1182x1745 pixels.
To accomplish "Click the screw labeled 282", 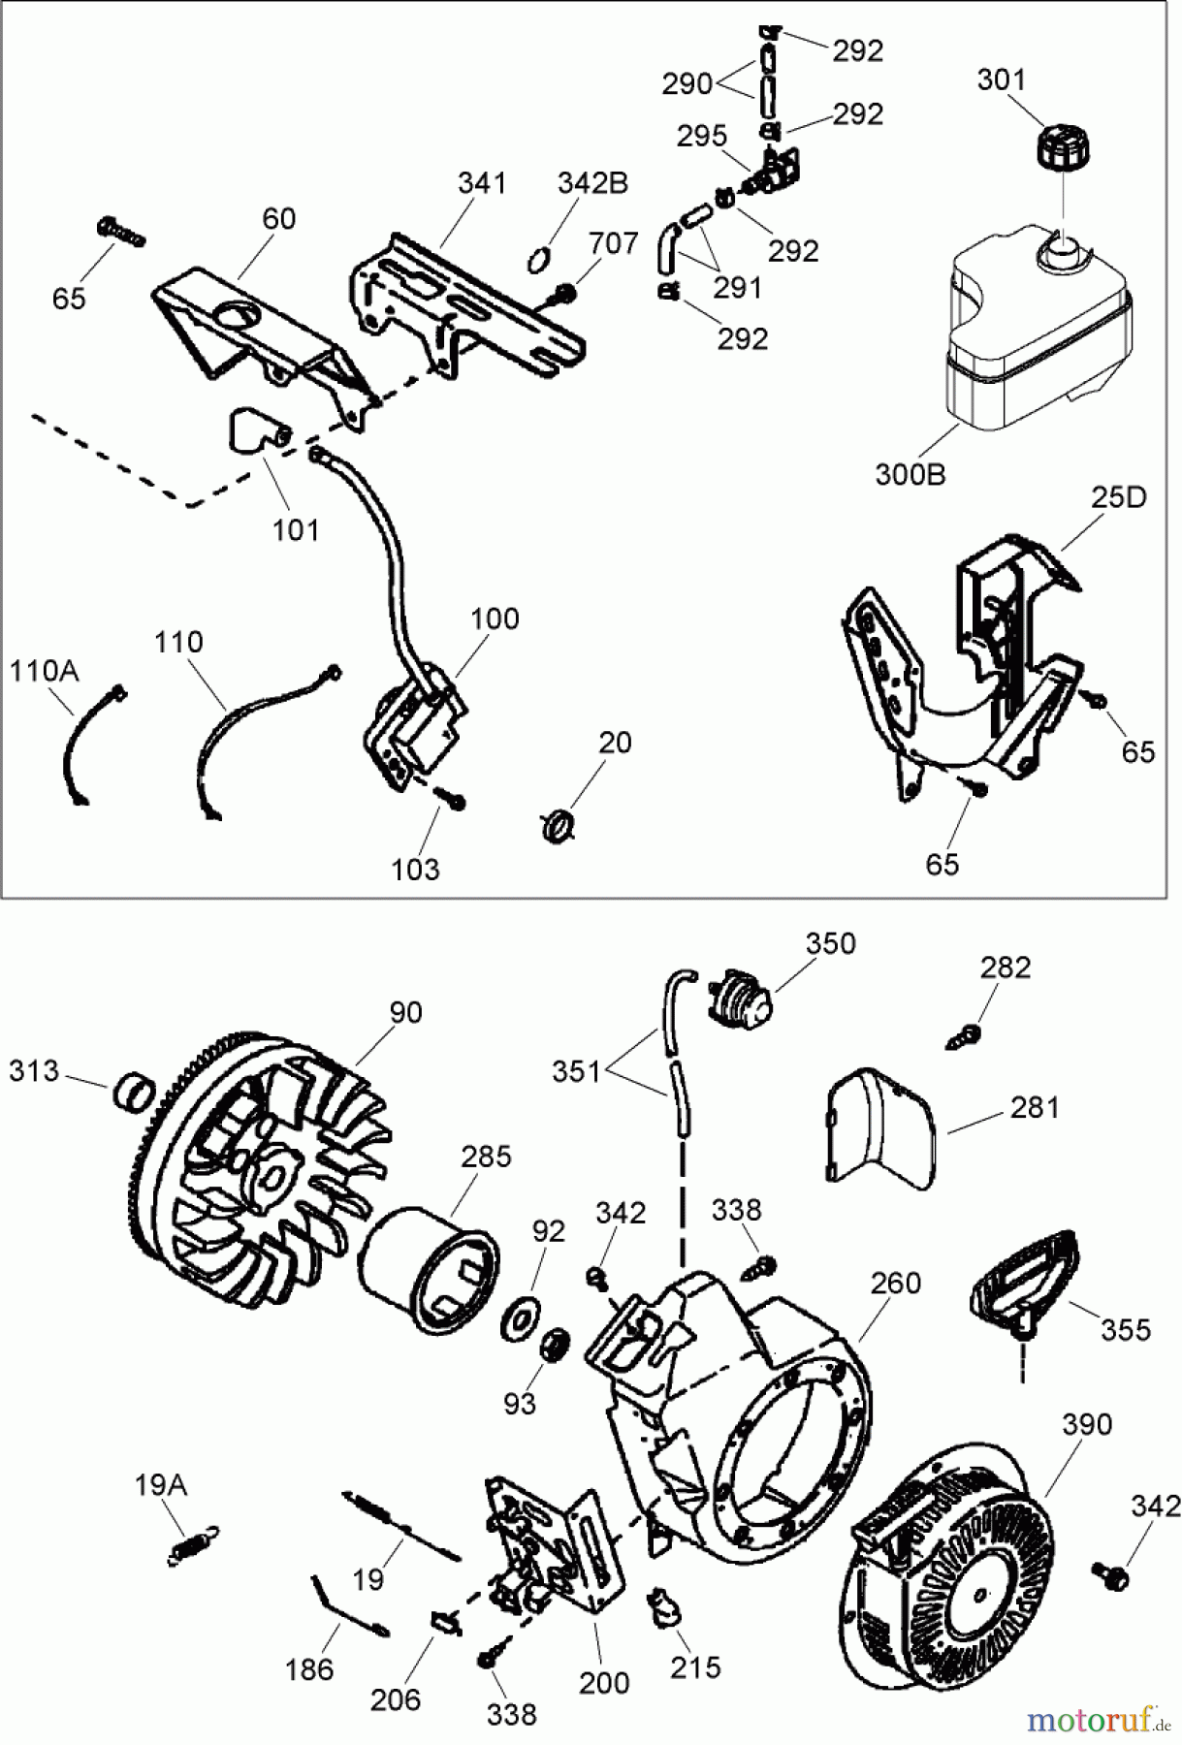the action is pyautogui.click(x=962, y=1034).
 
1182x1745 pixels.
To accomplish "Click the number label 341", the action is pyautogui.click(x=481, y=183).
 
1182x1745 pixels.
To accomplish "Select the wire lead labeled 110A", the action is pyautogui.click(x=88, y=745).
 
